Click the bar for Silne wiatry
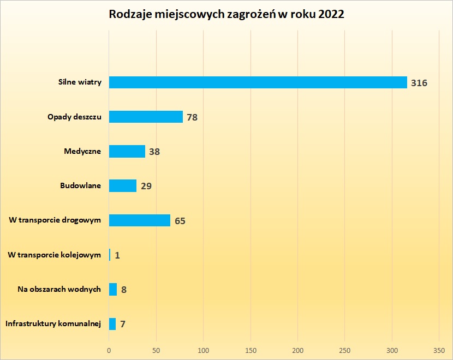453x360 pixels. pos(258,82)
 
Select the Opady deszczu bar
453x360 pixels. pos(146,117)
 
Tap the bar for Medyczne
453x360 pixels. pos(127,151)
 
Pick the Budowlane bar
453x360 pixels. pos(123,185)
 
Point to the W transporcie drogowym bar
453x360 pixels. pos(140,220)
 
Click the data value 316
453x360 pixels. pos(419,83)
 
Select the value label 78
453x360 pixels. pos(192,117)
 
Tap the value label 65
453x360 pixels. pos(180,221)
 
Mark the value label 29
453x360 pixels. pos(146,186)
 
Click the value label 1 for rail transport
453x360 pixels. pos(117,255)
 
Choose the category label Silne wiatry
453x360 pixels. pos(80,82)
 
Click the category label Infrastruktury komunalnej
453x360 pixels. pos(53,324)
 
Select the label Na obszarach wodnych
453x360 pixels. pos(59,289)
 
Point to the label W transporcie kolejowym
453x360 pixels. pos(55,255)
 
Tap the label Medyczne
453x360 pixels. pos(82,151)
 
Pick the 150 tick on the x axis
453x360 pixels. pos(251,349)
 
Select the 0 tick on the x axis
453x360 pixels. pos(109,349)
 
